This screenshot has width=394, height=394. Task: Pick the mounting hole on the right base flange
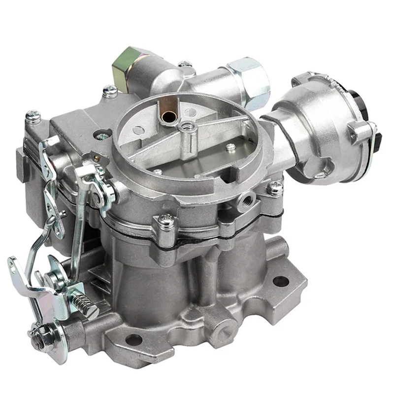pos(280,281)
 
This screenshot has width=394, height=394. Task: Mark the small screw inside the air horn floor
pos(230,147)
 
